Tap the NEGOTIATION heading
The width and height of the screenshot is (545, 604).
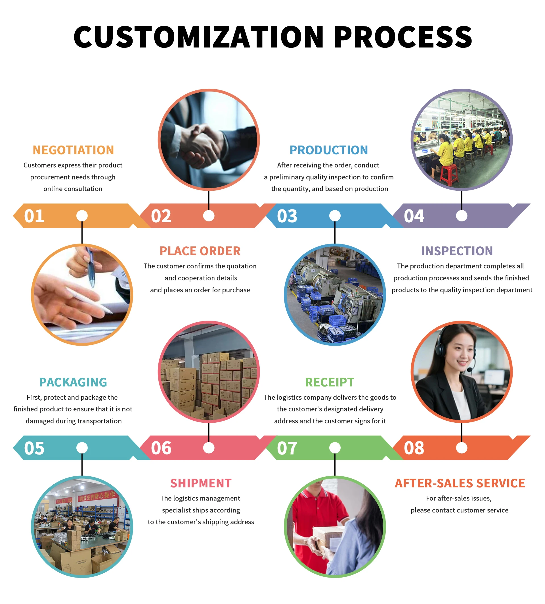coord(73,150)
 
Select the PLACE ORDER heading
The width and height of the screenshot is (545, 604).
coord(200,251)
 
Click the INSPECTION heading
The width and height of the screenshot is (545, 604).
coord(457,251)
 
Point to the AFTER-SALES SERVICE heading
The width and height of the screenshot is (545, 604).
coord(460,483)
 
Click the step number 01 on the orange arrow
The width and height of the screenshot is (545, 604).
coord(34,216)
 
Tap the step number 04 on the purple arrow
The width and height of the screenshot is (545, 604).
coord(414,216)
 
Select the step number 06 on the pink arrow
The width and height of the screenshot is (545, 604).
coord(161,448)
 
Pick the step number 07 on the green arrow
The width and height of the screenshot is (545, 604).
coord(287,448)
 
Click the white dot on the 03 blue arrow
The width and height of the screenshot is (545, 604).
coord(335,216)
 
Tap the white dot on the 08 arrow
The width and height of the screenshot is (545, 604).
coord(462,448)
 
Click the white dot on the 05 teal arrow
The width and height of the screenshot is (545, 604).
coord(82,448)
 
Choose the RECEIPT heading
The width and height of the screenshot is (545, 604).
coord(330,382)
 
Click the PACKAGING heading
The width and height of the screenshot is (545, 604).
coord(73,382)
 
